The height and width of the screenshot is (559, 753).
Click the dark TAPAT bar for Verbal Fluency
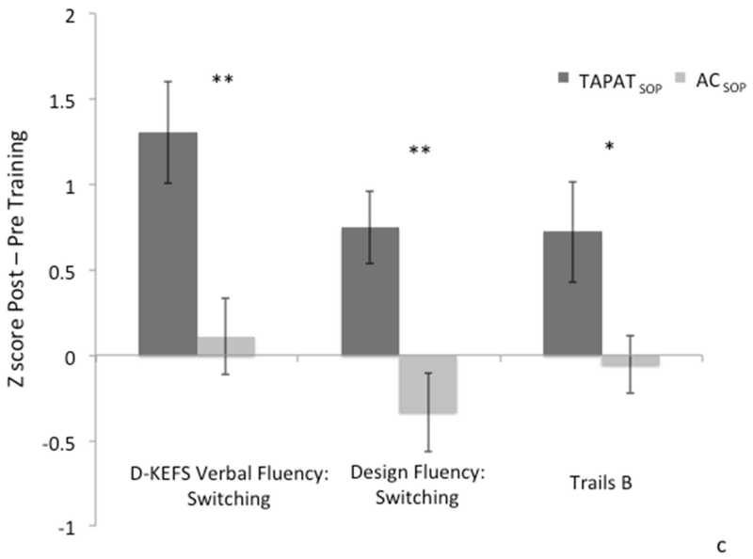(x=168, y=244)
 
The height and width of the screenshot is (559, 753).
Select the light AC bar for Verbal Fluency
(x=226, y=345)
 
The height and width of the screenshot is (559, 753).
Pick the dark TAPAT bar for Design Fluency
(x=370, y=292)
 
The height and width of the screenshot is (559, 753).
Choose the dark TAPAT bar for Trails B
(x=572, y=293)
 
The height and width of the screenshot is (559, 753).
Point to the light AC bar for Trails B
(x=630, y=360)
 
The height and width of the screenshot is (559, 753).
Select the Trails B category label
(x=601, y=484)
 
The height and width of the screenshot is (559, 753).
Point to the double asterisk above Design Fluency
(x=422, y=151)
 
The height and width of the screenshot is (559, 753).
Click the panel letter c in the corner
(x=744, y=544)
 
